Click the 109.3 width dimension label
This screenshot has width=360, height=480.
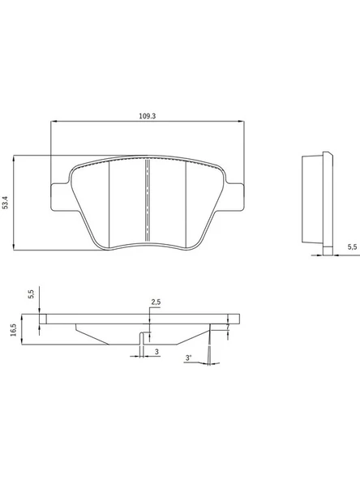pyautogui.click(x=148, y=116)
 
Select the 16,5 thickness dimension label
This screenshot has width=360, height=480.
pyautogui.click(x=14, y=330)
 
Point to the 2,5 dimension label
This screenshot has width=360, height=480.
pyautogui.click(x=156, y=302)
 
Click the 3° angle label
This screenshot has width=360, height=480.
pyautogui.click(x=189, y=358)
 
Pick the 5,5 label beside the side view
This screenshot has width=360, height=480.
pyautogui.click(x=352, y=247)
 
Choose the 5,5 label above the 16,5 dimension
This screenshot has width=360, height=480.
pyautogui.click(x=32, y=294)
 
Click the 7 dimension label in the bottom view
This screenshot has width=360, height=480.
pyautogui.click(x=228, y=327)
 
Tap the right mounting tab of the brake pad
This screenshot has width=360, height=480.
pyautogui.click(x=234, y=197)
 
